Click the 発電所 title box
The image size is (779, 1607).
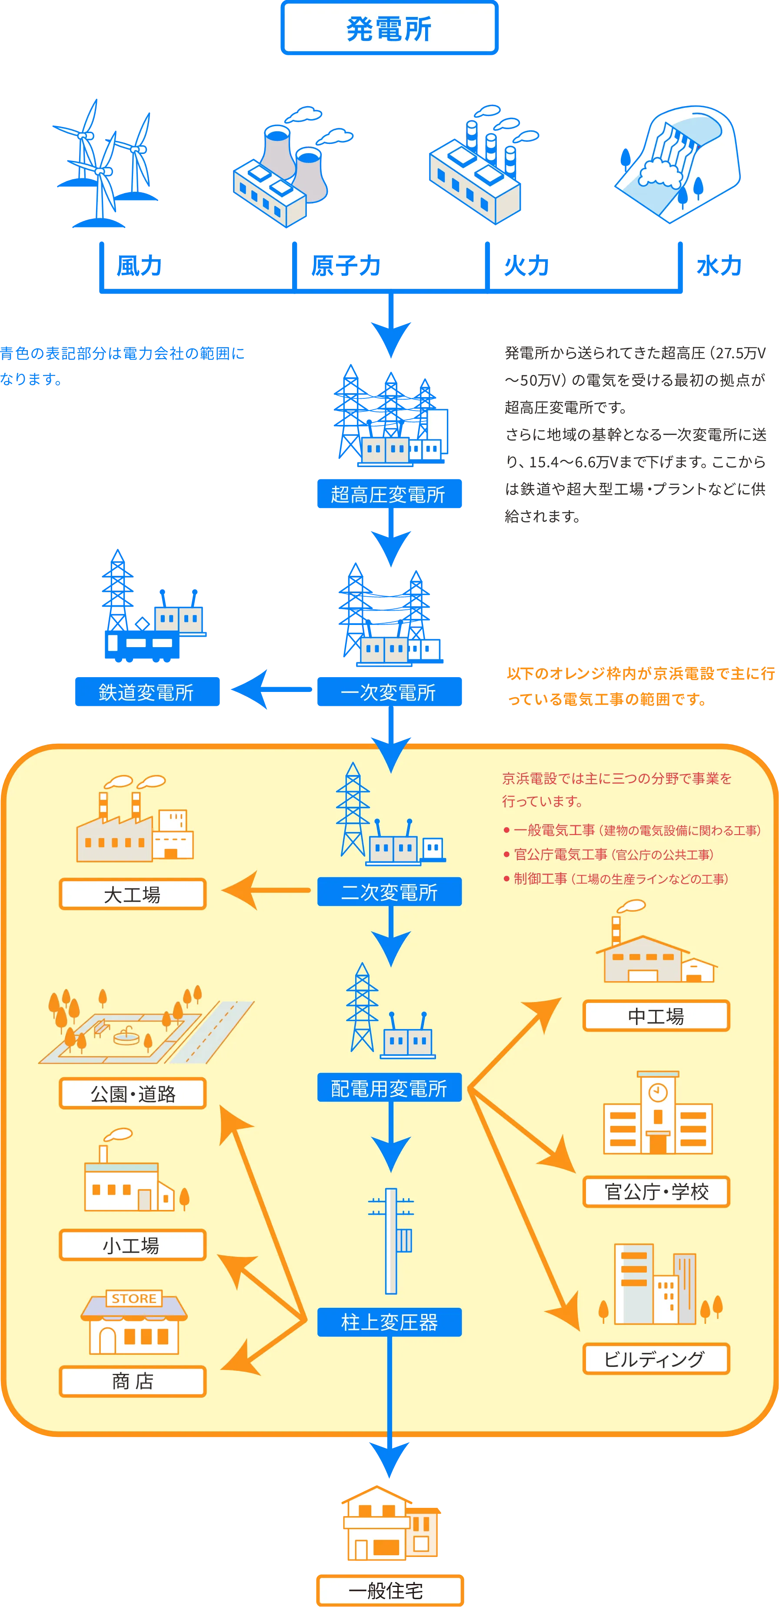(389, 28)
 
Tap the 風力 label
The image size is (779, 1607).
(139, 266)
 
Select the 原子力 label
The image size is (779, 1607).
(346, 266)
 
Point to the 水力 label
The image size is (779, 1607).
(719, 266)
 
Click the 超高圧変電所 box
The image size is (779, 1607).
(389, 494)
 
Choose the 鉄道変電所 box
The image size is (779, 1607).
(147, 691)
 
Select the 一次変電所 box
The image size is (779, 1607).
(389, 691)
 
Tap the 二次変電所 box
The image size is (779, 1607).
(389, 892)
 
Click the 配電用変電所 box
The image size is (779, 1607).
(389, 1087)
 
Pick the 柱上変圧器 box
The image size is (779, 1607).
(389, 1322)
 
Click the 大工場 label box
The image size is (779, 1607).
(132, 894)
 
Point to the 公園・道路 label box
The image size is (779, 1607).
(132, 1093)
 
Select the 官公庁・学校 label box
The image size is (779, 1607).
(656, 1192)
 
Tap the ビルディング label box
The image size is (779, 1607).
(656, 1359)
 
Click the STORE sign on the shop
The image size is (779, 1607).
(134, 1298)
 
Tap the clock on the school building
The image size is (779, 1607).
(658, 1092)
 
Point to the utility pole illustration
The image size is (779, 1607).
(391, 1241)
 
